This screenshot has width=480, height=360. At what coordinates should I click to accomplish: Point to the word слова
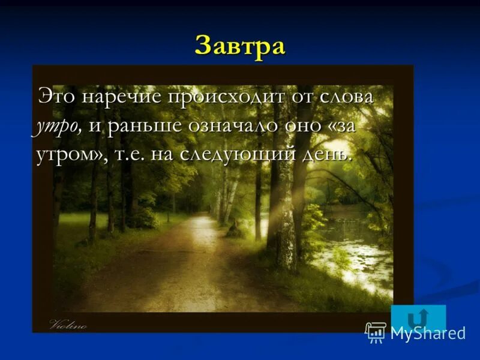[x=346, y=97]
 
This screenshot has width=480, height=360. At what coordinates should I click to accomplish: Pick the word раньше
[x=140, y=126]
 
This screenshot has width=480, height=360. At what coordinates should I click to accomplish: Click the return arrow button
[x=418, y=316]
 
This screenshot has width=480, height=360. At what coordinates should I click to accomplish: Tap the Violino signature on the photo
[x=68, y=326]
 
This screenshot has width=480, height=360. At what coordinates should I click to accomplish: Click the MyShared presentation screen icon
[x=376, y=332]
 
